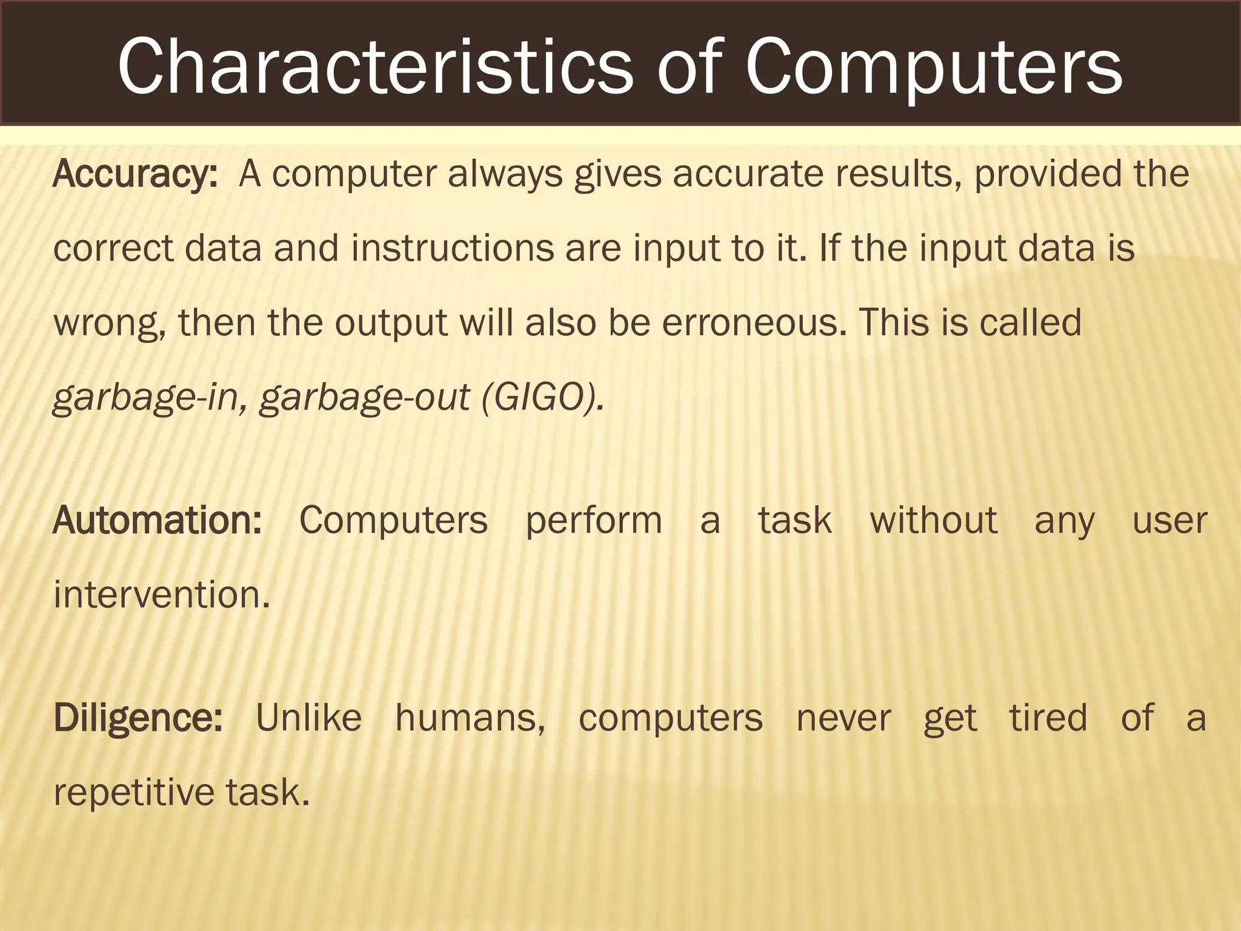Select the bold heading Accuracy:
pos(135,175)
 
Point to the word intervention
pos(161,595)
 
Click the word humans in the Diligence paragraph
pos(470,718)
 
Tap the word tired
pos(1048,718)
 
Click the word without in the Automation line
pos(933,521)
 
